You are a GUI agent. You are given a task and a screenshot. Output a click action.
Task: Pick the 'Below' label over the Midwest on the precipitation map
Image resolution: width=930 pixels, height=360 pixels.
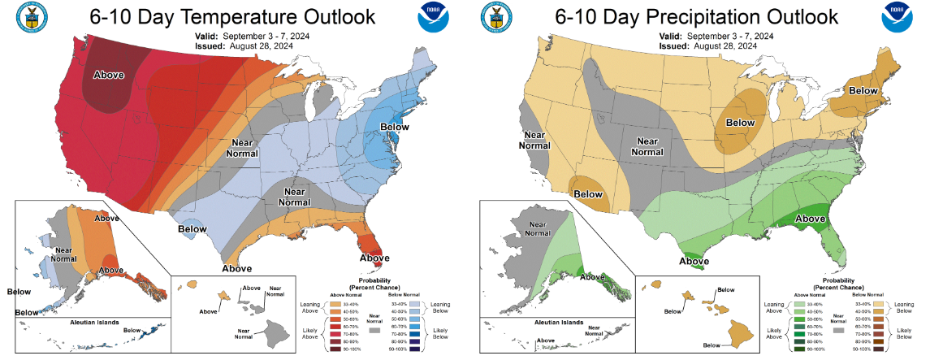740,123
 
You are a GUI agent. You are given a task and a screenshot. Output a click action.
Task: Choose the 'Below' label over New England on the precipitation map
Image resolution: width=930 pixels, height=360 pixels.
863,91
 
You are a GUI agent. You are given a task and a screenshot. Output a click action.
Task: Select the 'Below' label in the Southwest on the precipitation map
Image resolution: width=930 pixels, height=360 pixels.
588,194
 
